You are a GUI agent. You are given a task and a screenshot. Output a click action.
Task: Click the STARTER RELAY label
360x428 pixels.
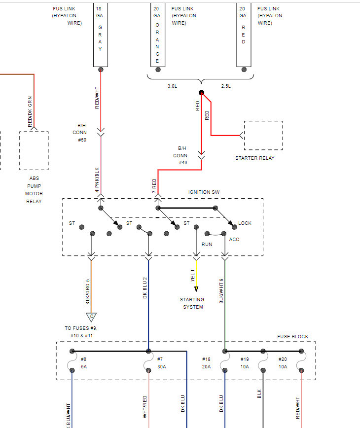pyautogui.click(x=254, y=158)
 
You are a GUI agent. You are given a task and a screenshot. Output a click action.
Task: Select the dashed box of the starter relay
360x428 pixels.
pyautogui.click(x=263, y=135)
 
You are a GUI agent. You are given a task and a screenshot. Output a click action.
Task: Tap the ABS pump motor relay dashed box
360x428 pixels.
pyautogui.click(x=34, y=150)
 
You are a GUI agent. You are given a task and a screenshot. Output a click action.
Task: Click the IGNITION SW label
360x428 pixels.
pyautogui.click(x=204, y=192)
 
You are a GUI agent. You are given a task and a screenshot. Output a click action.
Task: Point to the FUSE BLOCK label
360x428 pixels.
pyautogui.click(x=292, y=337)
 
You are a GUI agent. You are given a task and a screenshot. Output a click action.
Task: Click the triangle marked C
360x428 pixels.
pyautogui.click(x=91, y=317)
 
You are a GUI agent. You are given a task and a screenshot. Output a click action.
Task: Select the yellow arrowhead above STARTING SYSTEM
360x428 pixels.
pyautogui.click(x=196, y=289)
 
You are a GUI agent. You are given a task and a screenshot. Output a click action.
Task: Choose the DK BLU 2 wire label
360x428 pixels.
pyautogui.click(x=145, y=287)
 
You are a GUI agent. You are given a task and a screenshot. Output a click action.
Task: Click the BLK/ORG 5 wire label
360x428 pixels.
pyautogui.click(x=88, y=292)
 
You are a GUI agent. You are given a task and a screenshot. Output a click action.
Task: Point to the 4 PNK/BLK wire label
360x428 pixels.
pyautogui.click(x=98, y=180)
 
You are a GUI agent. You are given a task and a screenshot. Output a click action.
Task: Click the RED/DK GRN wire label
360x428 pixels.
pyautogui.click(x=30, y=114)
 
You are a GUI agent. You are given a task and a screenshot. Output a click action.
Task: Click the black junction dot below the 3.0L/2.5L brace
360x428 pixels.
pyautogui.click(x=201, y=93)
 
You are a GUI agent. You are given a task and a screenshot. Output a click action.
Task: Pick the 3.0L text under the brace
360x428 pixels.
pyautogui.click(x=172, y=86)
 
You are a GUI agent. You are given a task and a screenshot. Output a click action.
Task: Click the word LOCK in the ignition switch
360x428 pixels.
pyautogui.click(x=245, y=223)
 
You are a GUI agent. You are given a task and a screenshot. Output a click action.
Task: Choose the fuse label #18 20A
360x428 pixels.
pyautogui.click(x=206, y=363)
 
